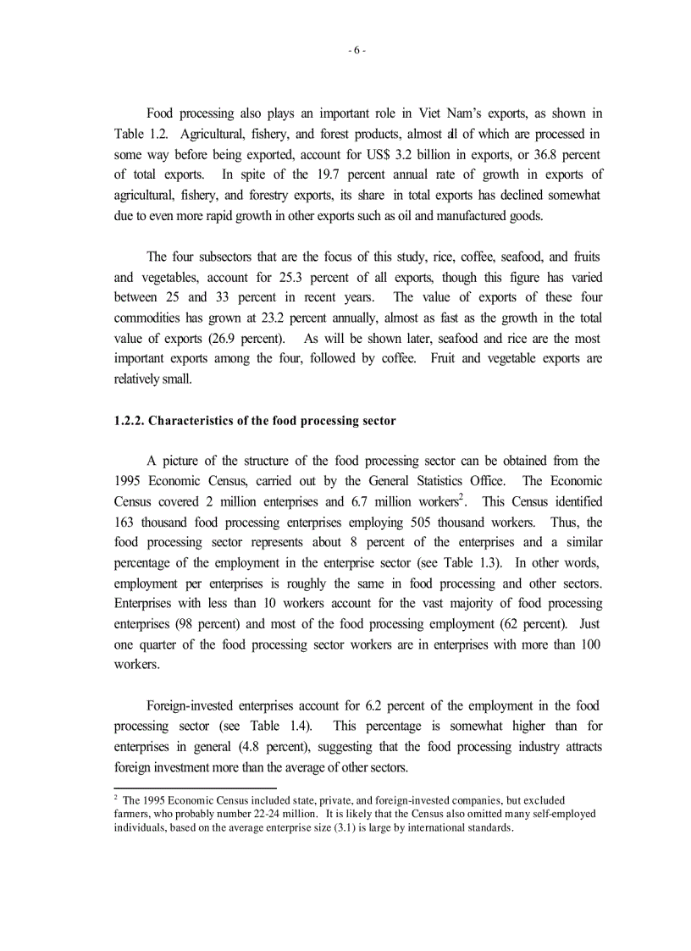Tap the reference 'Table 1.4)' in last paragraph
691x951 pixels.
[286, 726]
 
